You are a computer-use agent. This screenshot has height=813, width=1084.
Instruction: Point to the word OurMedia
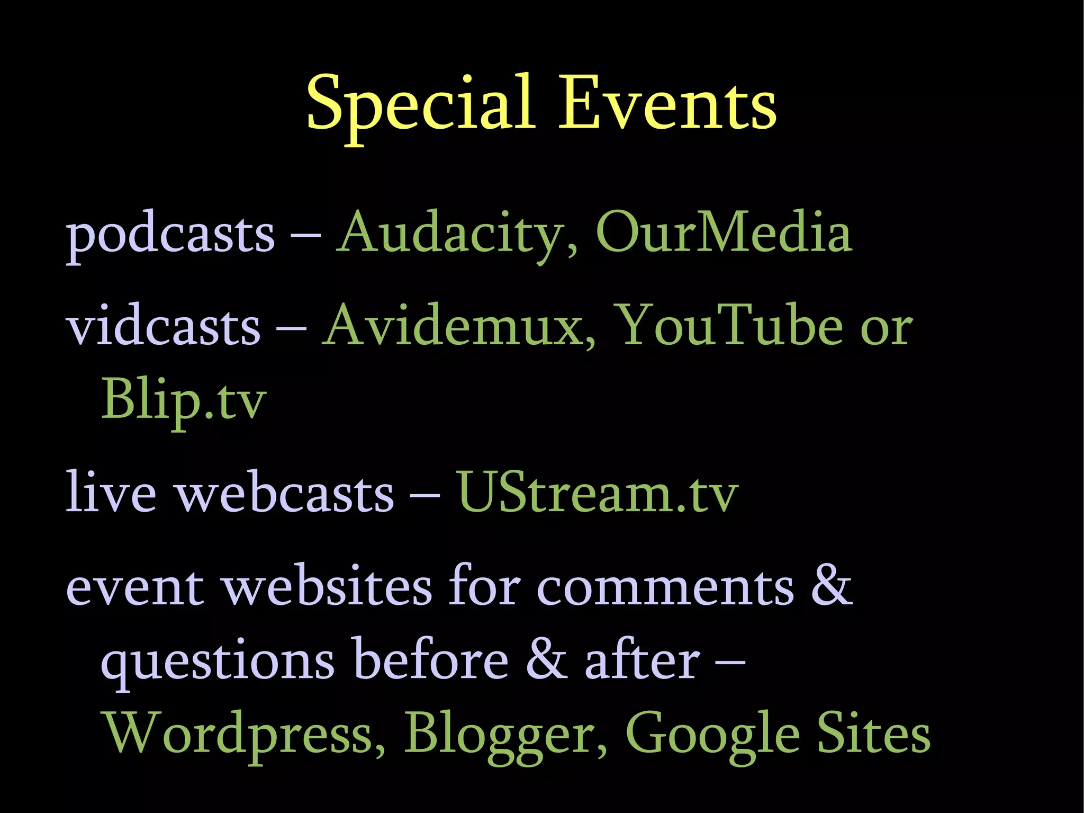coord(724,234)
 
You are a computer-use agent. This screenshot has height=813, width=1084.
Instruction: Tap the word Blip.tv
coord(183,400)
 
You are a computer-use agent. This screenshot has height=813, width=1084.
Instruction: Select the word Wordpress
coord(245,734)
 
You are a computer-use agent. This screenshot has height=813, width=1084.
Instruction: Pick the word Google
coord(712,734)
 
